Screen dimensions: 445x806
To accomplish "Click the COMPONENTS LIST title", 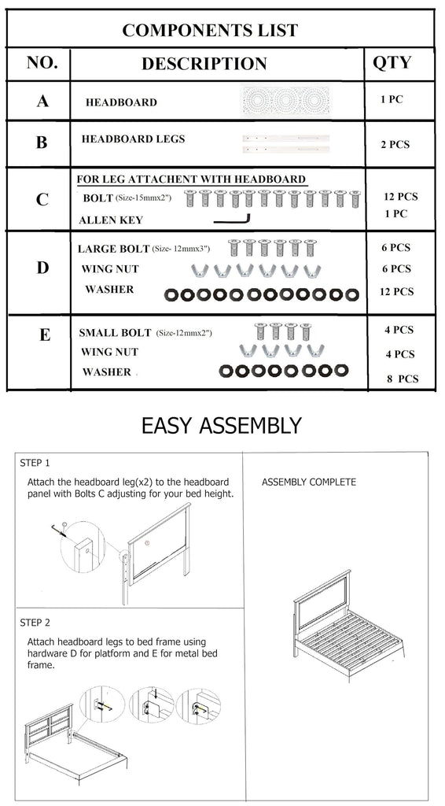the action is tap(210, 30).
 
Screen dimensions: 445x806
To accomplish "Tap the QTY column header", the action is tap(392, 62).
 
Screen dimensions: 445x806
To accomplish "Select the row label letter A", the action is tap(42, 101).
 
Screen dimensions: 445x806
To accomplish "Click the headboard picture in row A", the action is tap(285, 100).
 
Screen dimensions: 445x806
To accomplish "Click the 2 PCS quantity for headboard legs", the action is tap(395, 145).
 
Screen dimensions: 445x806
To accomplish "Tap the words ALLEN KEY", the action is tap(111, 220).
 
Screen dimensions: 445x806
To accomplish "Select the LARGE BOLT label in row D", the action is tap(113, 249).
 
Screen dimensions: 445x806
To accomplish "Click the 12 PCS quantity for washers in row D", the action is tap(396, 291).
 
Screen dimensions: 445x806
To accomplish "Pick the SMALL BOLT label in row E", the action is tap(115, 333).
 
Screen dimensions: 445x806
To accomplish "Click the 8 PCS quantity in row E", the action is tap(403, 379).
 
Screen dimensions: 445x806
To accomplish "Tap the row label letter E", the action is tap(45, 335).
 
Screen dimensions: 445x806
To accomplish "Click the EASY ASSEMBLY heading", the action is tap(221, 426).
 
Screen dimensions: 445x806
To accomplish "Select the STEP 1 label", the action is tap(35, 463).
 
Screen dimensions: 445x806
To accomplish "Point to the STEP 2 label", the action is tap(35, 623).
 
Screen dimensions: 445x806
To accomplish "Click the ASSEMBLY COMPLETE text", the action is tap(308, 482).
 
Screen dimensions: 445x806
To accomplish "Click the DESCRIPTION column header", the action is tap(204, 63).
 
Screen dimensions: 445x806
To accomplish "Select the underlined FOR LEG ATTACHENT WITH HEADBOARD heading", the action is tap(192, 179).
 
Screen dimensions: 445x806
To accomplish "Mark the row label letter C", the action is tap(42, 199).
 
